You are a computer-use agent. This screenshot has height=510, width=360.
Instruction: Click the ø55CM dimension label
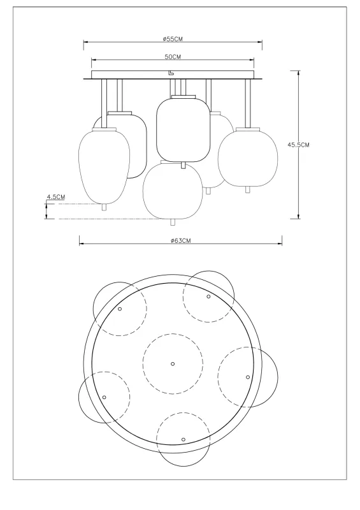(x=173, y=39)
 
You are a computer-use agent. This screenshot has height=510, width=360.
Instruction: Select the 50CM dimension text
(x=173, y=57)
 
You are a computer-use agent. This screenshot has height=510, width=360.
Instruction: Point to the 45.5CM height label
(x=298, y=145)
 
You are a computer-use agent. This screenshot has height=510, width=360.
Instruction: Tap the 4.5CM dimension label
(x=56, y=198)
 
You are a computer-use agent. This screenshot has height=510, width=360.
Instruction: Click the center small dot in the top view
(x=173, y=364)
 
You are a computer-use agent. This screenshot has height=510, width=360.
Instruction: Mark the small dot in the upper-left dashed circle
(x=120, y=309)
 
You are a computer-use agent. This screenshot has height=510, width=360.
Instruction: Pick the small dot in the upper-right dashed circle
(x=208, y=296)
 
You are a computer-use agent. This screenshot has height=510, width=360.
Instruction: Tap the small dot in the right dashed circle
(x=248, y=377)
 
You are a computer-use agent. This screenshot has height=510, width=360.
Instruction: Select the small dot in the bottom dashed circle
(x=183, y=440)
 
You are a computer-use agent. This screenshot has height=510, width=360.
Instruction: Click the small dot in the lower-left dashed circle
(x=104, y=397)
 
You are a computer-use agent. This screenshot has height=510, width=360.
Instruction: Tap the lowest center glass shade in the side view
(x=172, y=191)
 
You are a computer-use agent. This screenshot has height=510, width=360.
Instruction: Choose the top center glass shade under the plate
(x=184, y=130)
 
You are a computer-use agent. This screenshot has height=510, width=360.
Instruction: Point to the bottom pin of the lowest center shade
(x=172, y=221)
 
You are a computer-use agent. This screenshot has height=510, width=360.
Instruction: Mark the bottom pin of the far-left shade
(x=104, y=207)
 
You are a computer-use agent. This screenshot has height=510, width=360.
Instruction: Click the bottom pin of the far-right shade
(x=247, y=189)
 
